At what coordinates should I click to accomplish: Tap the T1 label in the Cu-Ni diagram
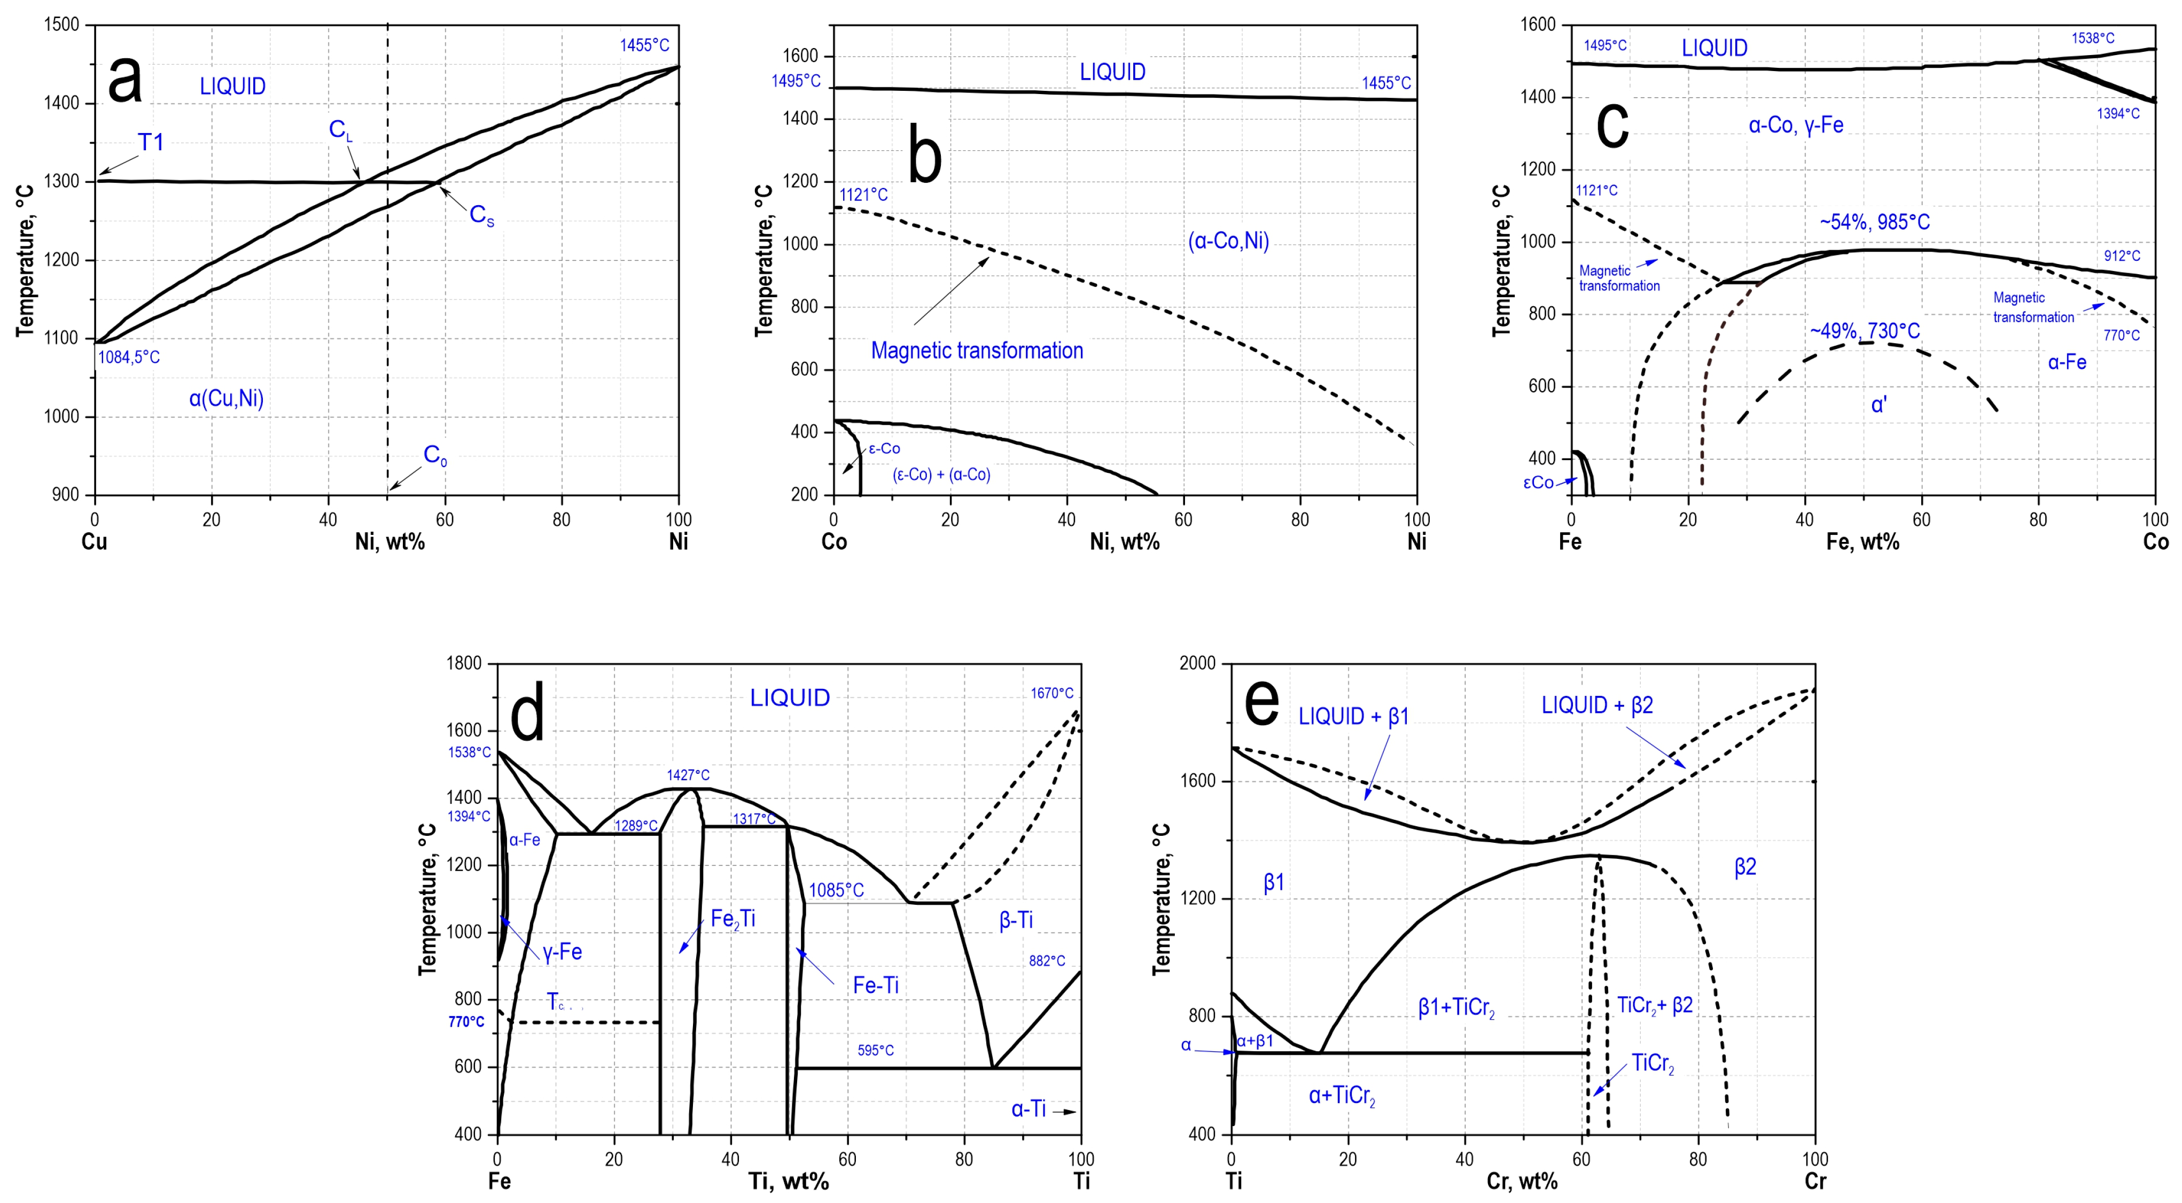click(x=151, y=142)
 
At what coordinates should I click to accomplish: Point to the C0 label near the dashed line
click(x=434, y=456)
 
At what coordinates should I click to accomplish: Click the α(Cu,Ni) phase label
click(x=226, y=398)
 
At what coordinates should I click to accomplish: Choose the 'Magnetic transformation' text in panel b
click(x=977, y=351)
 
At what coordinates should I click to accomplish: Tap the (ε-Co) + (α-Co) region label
click(x=941, y=475)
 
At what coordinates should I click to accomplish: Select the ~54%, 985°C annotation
click(x=1874, y=222)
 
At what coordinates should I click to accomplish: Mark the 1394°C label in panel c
click(x=2118, y=113)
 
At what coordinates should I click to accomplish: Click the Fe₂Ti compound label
click(x=732, y=919)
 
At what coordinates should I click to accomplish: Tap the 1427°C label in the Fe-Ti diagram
click(x=688, y=775)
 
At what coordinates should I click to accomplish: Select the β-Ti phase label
click(x=1016, y=920)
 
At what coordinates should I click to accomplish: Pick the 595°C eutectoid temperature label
click(x=875, y=1051)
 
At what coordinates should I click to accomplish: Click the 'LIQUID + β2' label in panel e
click(x=1596, y=705)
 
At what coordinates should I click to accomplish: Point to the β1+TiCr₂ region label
click(x=1456, y=1007)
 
